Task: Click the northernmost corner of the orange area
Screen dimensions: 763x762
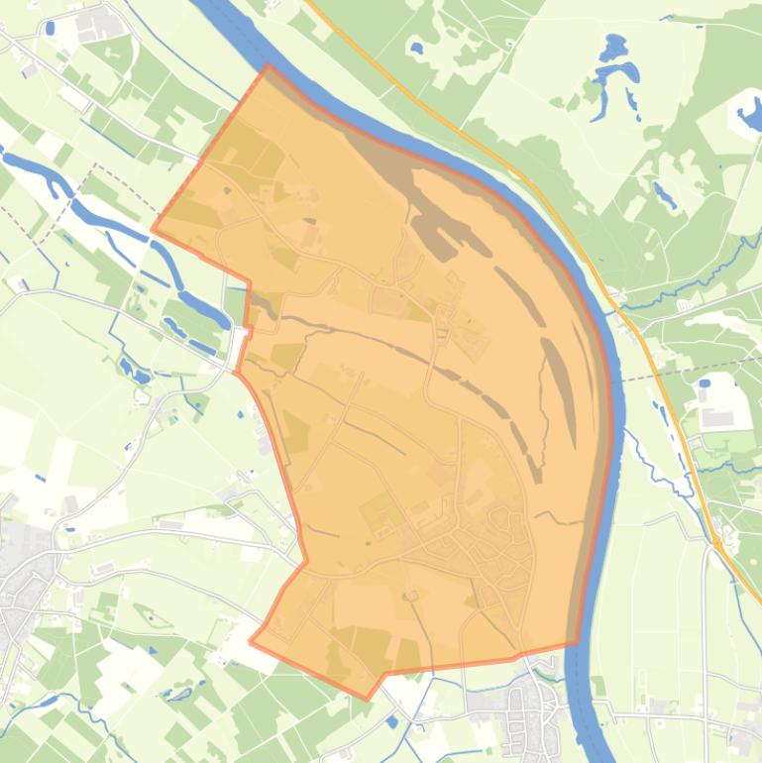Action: (268, 66)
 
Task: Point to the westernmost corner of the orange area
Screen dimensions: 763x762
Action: (153, 230)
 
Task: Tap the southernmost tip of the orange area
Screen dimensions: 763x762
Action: (368, 699)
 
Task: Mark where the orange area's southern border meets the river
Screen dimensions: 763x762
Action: (577, 644)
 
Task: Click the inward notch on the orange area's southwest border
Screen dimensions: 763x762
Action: (305, 562)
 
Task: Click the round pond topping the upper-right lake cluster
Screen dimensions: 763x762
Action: (614, 46)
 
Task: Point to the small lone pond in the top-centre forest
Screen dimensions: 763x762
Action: (417, 47)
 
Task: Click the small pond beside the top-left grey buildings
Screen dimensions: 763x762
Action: (50, 29)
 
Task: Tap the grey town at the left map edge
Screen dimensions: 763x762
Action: (20, 595)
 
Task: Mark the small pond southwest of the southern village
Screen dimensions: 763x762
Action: (395, 722)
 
